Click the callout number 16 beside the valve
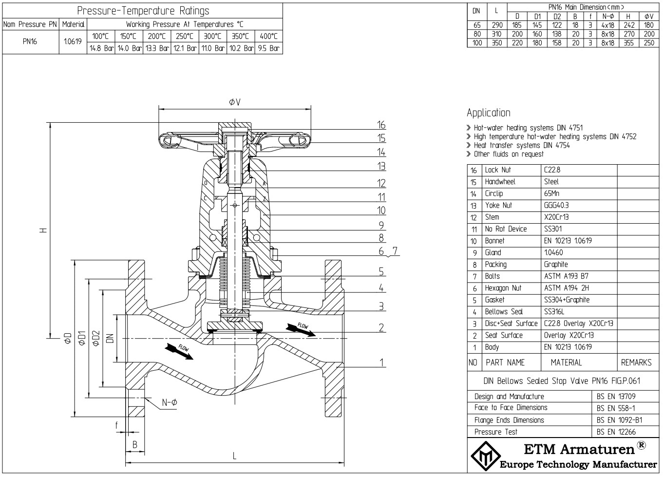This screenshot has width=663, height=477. click(381, 125)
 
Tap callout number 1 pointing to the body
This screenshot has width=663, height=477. click(382, 362)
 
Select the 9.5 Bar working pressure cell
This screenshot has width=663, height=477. click(268, 48)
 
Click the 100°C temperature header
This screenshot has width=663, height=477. click(101, 36)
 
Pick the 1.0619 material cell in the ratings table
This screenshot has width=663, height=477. click(73, 41)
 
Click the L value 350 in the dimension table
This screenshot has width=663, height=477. click(497, 43)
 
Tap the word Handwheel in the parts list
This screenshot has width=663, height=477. click(500, 182)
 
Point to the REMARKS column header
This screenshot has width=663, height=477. click(636, 363)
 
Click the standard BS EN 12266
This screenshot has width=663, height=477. click(616, 432)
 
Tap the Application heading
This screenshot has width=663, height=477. click(488, 113)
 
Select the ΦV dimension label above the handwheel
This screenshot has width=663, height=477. click(235, 102)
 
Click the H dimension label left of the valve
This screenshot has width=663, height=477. click(44, 230)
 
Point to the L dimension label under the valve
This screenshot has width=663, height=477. click(235, 456)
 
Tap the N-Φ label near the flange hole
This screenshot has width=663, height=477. click(170, 402)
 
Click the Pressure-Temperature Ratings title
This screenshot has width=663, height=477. click(143, 11)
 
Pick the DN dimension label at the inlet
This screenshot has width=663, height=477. click(110, 338)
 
